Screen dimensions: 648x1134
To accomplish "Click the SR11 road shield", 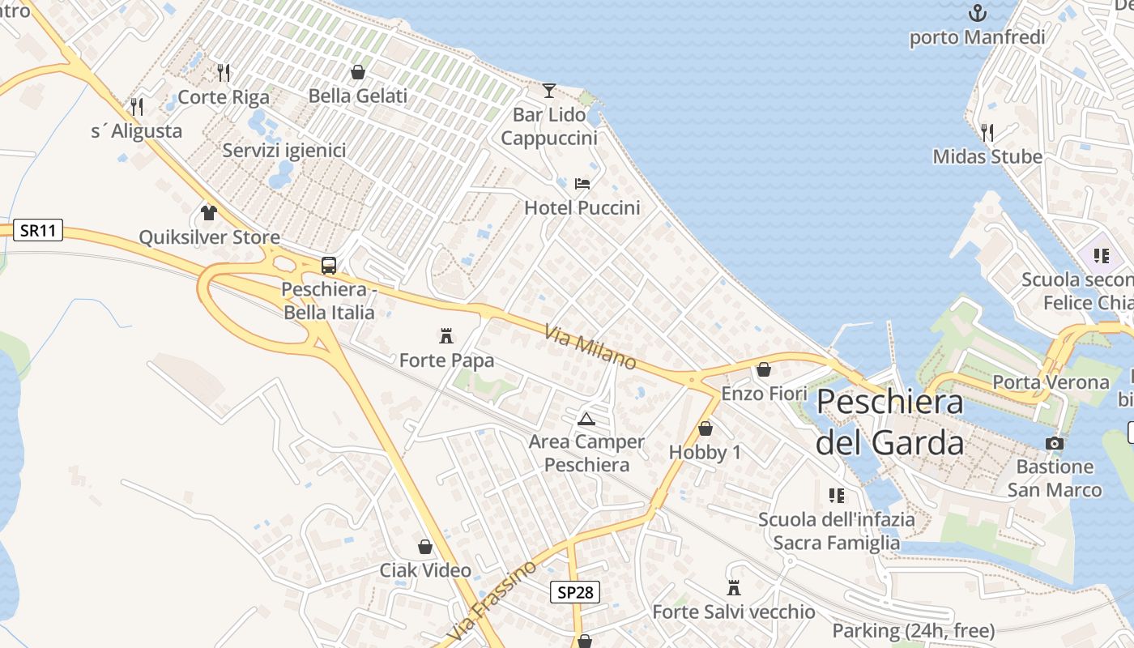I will tap(38, 230).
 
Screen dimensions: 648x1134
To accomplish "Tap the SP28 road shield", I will tap(576, 592).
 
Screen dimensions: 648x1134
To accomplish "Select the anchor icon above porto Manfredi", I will tap(978, 13).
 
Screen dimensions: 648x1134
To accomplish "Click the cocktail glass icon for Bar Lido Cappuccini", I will tap(549, 90).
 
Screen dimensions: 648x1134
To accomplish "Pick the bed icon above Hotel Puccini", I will tap(582, 184).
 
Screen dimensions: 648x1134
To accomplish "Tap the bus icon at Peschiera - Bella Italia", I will tap(329, 265).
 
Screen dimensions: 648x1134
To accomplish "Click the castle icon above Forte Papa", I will tap(446, 335).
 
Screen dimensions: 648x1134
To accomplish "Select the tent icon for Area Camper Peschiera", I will tap(586, 419).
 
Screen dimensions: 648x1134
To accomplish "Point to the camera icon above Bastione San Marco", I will tap(1055, 443).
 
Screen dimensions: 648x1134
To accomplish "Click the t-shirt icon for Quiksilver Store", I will tap(209, 213).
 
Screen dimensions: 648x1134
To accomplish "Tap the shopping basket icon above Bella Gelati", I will tap(358, 72).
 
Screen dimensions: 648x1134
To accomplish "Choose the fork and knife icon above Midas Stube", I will tap(987, 132).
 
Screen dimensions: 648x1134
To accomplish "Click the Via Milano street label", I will tap(590, 347).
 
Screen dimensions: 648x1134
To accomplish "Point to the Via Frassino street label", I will tap(493, 600).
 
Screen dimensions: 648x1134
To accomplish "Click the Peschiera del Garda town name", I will tap(890, 422).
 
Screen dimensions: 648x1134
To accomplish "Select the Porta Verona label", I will tap(1051, 382).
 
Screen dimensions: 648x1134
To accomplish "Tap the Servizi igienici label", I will tap(284, 151).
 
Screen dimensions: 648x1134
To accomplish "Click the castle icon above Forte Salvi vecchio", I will tap(734, 587).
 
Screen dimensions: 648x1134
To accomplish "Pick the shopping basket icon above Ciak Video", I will tap(425, 547).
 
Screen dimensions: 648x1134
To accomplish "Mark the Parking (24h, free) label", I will tap(914, 630).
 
